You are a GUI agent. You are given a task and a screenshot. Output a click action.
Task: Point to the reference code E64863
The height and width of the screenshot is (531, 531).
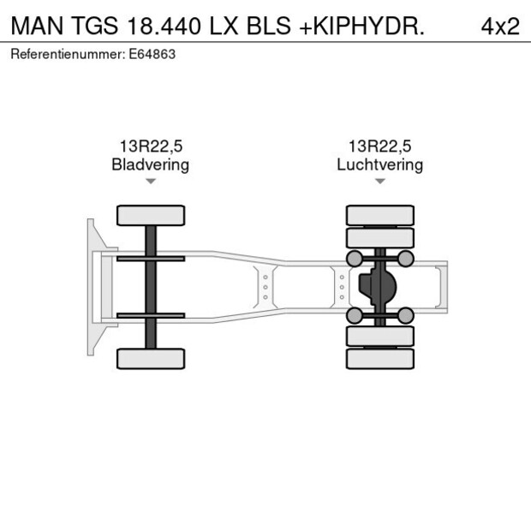(152, 54)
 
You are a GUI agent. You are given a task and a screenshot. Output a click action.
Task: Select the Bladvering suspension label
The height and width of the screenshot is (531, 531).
(151, 164)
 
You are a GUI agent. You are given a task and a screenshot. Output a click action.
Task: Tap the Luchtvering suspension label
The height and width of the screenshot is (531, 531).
(379, 164)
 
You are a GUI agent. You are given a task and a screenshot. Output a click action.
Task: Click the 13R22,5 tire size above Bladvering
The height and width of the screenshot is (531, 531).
(151, 146)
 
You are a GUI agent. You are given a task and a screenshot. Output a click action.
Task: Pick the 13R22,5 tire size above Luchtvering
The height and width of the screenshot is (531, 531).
(379, 146)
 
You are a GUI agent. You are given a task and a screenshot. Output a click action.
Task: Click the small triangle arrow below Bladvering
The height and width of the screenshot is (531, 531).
(151, 182)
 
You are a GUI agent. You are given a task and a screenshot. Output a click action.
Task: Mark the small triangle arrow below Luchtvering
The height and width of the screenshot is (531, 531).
(379, 182)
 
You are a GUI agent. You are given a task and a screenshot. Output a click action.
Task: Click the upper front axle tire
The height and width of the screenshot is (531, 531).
(151, 215)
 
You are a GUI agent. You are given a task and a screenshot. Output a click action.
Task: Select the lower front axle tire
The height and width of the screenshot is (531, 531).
(151, 359)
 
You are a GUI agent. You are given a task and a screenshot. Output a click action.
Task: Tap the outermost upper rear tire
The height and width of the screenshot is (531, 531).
(379, 215)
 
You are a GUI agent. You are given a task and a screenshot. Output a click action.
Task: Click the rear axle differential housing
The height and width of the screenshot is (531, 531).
(376, 287)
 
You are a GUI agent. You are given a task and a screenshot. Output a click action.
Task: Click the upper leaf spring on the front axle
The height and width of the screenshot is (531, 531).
(151, 259)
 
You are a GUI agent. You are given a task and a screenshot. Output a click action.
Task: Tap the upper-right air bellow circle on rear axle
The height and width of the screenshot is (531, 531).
(406, 259)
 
